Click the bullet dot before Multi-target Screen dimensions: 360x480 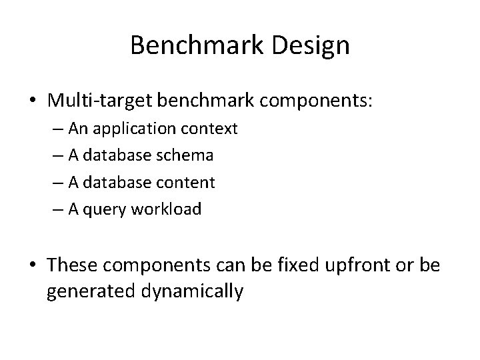coord(34,101)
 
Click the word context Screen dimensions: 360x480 coord(213,129)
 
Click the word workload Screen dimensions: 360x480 coord(167,209)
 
